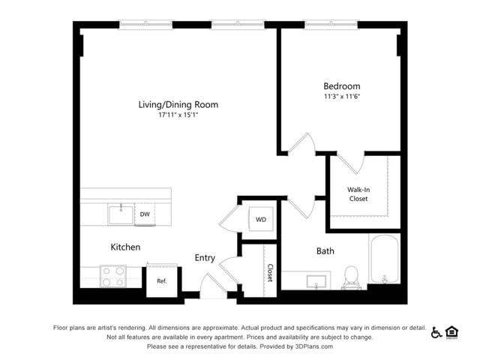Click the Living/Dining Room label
pyautogui.click(x=178, y=104)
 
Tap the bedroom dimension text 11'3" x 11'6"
pyautogui.click(x=341, y=97)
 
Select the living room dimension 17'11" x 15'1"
pyautogui.click(x=178, y=115)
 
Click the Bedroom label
pyautogui.click(x=341, y=86)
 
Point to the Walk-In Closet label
pyautogui.click(x=358, y=194)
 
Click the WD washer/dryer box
pyautogui.click(x=261, y=220)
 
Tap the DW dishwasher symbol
pyautogui.click(x=145, y=214)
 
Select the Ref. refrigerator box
pyautogui.click(x=161, y=281)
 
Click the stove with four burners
pyautogui.click(x=113, y=277)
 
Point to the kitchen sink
pyautogui.click(x=120, y=214)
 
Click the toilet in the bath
pyautogui.click(x=351, y=277)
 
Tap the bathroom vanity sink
pyautogui.click(x=316, y=281)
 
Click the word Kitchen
pyautogui.click(x=125, y=247)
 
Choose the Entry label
pyautogui.click(x=205, y=258)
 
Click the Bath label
pyautogui.click(x=325, y=251)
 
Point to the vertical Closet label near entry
pyautogui.click(x=269, y=272)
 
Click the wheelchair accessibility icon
pyautogui.click(x=436, y=332)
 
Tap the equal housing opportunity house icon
pyautogui.click(x=451, y=332)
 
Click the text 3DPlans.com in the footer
pyautogui.click(x=311, y=346)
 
